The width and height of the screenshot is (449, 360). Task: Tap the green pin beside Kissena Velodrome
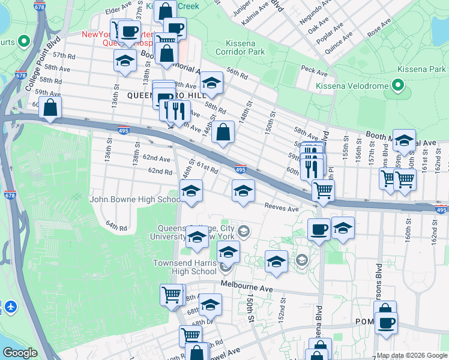tap(397, 85)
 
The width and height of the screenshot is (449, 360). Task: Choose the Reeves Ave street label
tap(282, 208)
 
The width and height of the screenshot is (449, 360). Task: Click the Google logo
tap(20, 353)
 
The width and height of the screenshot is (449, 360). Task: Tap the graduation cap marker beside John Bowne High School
tap(191, 192)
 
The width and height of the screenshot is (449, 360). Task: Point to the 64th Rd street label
tap(116, 227)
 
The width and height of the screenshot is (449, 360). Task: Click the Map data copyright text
tap(412, 355)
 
